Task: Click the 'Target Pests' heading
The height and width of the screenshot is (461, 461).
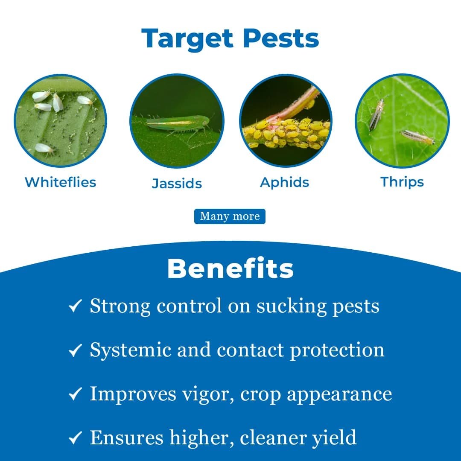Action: tap(230, 38)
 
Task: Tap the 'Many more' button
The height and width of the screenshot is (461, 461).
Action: tap(230, 216)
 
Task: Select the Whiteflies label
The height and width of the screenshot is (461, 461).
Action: tap(60, 182)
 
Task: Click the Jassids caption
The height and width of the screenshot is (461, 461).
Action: tap(177, 183)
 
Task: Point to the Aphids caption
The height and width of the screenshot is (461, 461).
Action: tap(285, 182)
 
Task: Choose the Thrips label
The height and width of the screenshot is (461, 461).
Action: tap(402, 182)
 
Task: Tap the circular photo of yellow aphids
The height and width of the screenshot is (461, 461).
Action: tap(286, 120)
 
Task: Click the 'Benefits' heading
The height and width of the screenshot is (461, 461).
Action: tap(230, 268)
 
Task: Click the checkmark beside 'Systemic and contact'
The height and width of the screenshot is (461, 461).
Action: tap(75, 350)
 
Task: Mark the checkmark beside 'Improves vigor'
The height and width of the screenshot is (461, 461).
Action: tap(75, 394)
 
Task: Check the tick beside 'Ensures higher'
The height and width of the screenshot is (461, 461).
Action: tap(75, 438)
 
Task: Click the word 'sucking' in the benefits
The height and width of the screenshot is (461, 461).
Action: tap(292, 306)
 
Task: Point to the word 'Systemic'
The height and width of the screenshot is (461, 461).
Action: tap(131, 350)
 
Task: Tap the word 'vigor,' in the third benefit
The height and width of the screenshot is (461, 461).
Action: tap(208, 394)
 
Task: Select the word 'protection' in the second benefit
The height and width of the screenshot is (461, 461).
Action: tap(337, 350)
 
